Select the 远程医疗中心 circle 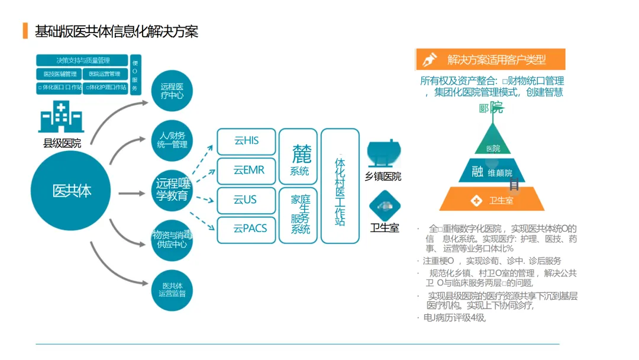172,91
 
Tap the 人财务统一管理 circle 172,140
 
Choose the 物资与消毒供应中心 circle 172,240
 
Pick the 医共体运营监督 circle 172,290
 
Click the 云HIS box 246,142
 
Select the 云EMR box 246,171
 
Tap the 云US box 246,200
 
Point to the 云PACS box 246,229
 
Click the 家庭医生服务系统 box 300,215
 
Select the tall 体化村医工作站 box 340,186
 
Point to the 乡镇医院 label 383,176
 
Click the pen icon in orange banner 430,59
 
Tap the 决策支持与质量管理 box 82,60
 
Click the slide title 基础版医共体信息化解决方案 117,31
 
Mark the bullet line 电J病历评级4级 454,318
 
